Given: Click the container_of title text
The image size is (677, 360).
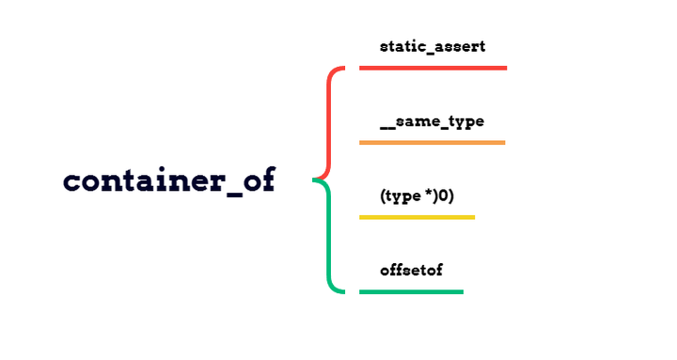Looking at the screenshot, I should point(169,180).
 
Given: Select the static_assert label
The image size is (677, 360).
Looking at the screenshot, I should point(433,45).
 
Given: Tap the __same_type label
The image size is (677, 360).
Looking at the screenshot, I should point(432,121).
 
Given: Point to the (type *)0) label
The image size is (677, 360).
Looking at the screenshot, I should point(417,196).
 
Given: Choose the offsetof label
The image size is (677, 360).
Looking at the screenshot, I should point(411,270).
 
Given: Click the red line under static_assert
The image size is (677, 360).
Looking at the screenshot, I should point(433,68).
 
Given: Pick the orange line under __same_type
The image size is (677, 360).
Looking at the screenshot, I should point(432,143).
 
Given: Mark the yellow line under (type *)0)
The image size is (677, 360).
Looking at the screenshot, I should point(417,217).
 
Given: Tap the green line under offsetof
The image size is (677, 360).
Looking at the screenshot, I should point(411,291).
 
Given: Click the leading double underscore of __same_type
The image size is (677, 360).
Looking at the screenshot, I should point(387,128).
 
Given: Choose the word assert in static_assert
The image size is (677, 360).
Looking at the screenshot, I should point(460,45).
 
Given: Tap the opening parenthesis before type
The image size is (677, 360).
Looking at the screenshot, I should point(384,196).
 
